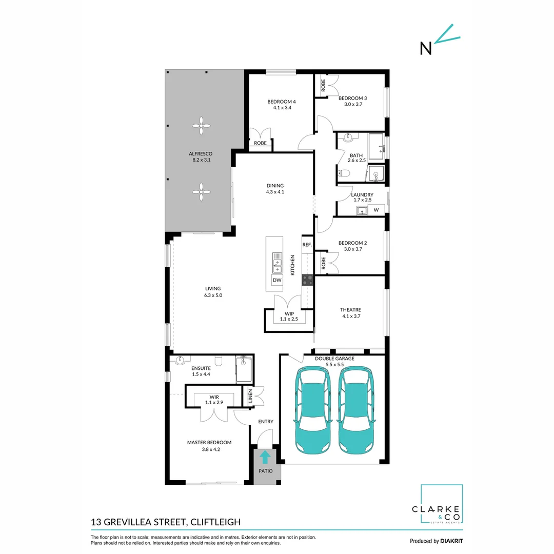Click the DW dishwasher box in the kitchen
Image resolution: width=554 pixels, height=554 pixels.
coord(277,281)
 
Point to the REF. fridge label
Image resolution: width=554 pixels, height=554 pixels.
coord(307,245)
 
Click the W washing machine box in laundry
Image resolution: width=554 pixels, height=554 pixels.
coord(376,210)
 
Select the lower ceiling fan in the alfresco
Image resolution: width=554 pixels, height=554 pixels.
coord(202,192)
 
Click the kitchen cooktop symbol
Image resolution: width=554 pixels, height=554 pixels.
coord(308,280)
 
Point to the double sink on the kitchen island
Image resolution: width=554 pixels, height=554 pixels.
coord(277,263)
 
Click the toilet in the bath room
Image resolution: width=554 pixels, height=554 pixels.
coord(344,173)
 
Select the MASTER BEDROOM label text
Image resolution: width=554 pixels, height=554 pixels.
coord(209,443)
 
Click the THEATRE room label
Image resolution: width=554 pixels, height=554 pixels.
coord(350,310)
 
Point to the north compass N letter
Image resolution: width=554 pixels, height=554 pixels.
coord(426,48)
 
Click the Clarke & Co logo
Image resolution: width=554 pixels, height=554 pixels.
coord(442,505)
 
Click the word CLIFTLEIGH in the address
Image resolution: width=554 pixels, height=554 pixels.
coord(215,522)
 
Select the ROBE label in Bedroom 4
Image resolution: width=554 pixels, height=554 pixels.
coord(260,143)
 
